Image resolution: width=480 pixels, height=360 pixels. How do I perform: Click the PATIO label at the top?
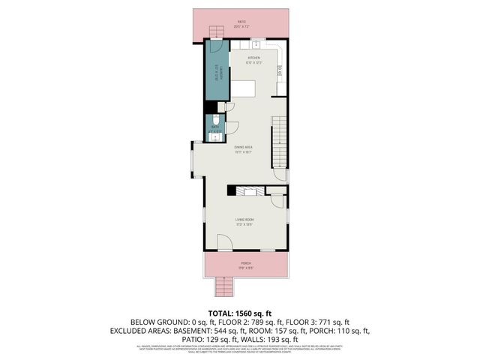[x=241, y=22]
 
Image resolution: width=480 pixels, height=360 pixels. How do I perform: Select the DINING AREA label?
[x=241, y=148]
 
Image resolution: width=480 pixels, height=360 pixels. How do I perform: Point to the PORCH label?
[x=244, y=263]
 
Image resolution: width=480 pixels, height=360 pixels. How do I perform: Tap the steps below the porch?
[x=223, y=287]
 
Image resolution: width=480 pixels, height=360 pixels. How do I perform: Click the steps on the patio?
[x=216, y=31]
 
